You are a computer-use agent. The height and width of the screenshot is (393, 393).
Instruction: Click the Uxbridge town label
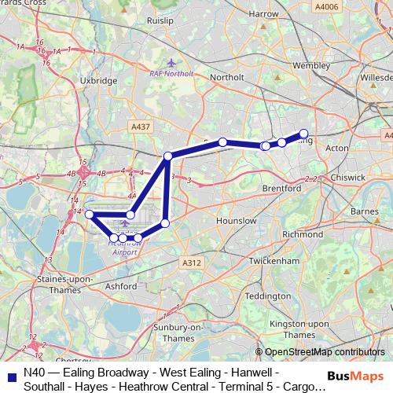click(x=99, y=80)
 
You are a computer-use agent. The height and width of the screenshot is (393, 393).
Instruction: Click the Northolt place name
click(x=228, y=77)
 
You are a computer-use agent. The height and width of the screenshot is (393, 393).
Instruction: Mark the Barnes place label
click(x=365, y=211)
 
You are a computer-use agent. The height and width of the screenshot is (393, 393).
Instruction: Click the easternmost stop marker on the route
click(x=304, y=134)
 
